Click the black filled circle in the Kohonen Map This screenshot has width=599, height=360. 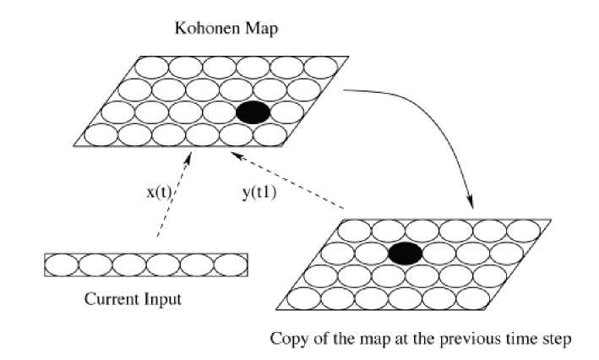click(x=253, y=113)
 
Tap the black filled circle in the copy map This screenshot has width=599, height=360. click(x=406, y=252)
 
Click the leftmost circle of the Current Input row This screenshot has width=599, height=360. click(x=61, y=265)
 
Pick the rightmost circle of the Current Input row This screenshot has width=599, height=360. click(x=231, y=265)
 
